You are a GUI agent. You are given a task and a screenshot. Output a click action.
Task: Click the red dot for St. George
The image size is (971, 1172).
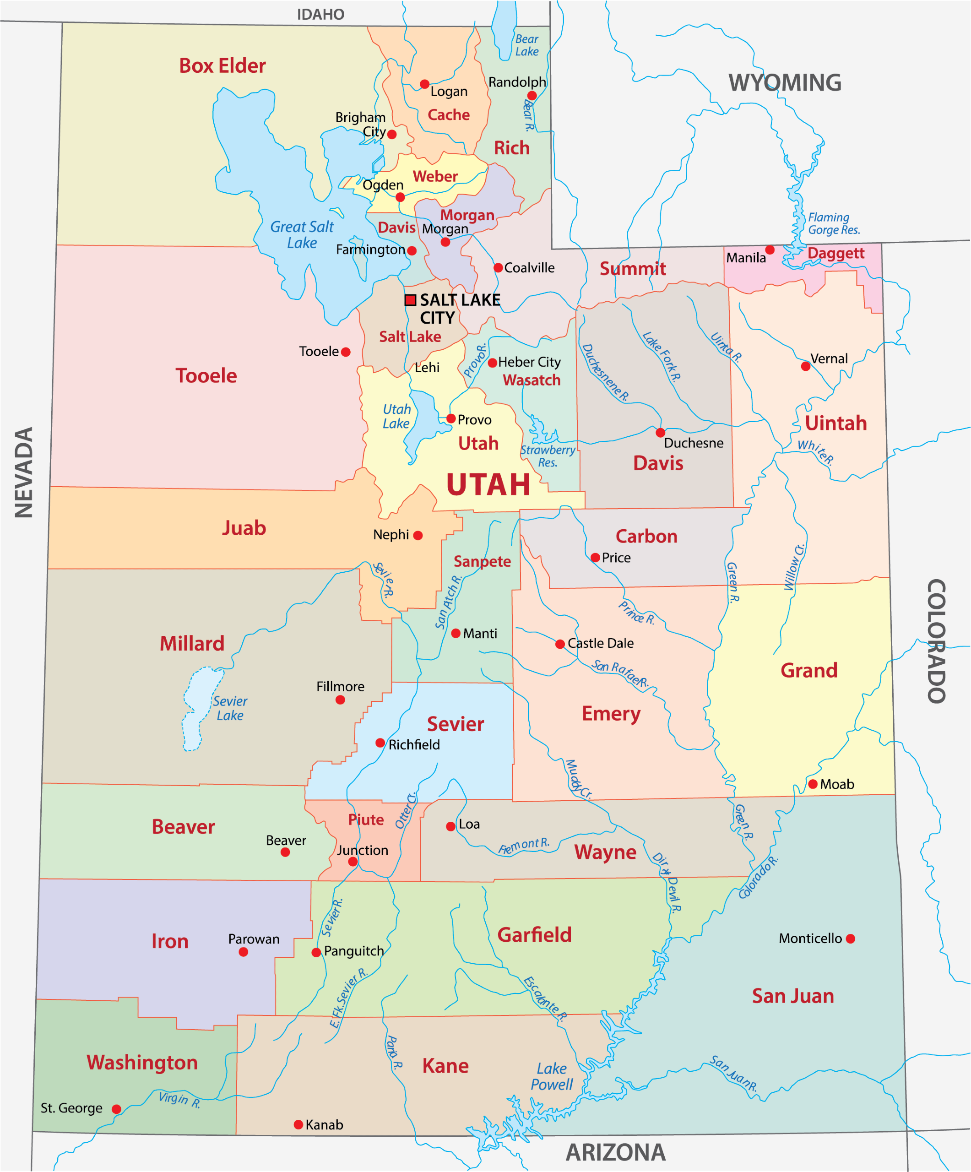click(116, 1108)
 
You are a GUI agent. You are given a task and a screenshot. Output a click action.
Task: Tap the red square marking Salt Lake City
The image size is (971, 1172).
click(410, 300)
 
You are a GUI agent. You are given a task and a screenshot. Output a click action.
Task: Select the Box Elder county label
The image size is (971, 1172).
click(222, 66)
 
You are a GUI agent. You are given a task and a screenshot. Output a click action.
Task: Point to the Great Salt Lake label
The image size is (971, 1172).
click(301, 234)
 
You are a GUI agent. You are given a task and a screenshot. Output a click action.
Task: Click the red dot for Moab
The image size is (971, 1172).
click(813, 784)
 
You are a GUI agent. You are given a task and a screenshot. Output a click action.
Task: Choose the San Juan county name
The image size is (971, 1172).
click(792, 996)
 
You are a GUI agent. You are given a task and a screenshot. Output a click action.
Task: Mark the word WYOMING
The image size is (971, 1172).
click(784, 82)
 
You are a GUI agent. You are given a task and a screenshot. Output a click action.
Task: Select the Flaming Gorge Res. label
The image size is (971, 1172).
click(833, 223)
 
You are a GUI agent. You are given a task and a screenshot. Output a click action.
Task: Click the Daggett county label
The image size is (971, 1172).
click(835, 253)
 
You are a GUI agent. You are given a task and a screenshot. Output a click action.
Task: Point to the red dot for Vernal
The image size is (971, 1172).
click(805, 366)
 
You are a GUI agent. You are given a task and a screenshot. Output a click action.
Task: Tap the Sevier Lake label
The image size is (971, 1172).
click(229, 708)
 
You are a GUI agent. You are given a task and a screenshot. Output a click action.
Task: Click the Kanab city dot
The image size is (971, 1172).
click(298, 1124)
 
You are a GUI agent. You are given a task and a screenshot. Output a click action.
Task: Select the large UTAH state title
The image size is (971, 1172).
click(488, 484)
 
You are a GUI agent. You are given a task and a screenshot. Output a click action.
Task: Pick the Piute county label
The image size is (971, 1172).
click(366, 819)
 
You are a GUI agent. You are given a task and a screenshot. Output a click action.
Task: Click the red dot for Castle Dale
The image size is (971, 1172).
click(560, 644)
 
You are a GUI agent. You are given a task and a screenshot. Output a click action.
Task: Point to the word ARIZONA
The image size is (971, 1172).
click(616, 1152)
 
